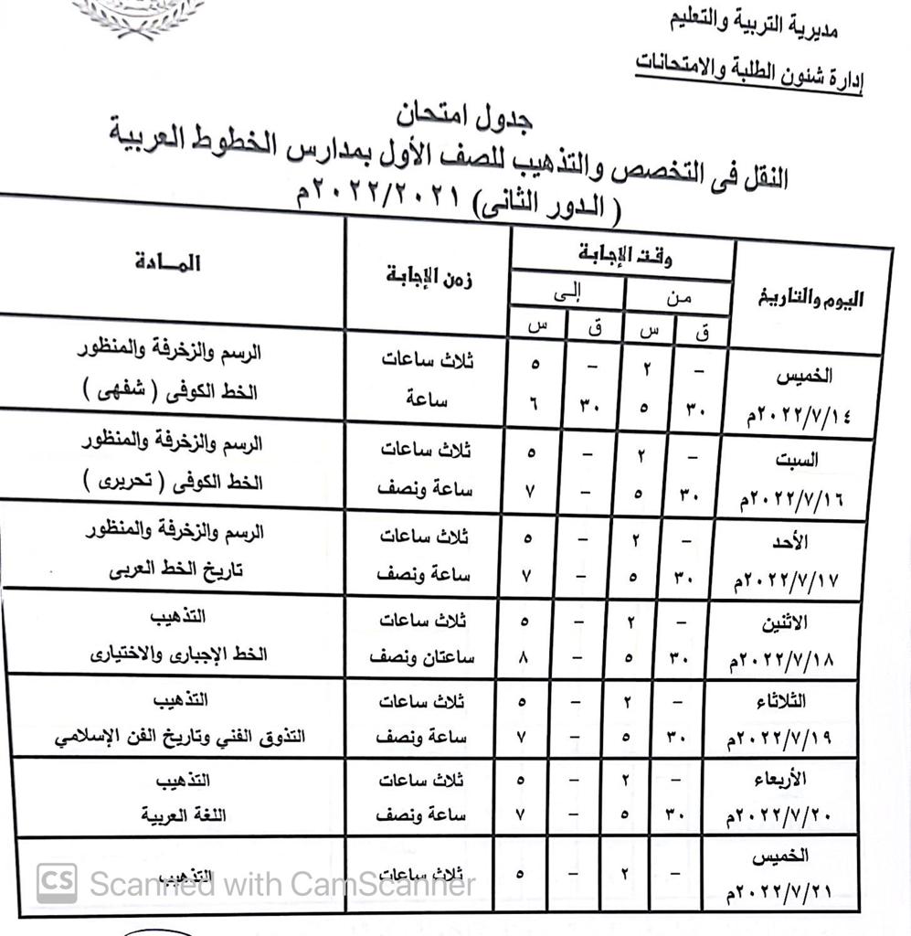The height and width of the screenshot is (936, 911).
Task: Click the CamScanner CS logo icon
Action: tap(57, 883)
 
